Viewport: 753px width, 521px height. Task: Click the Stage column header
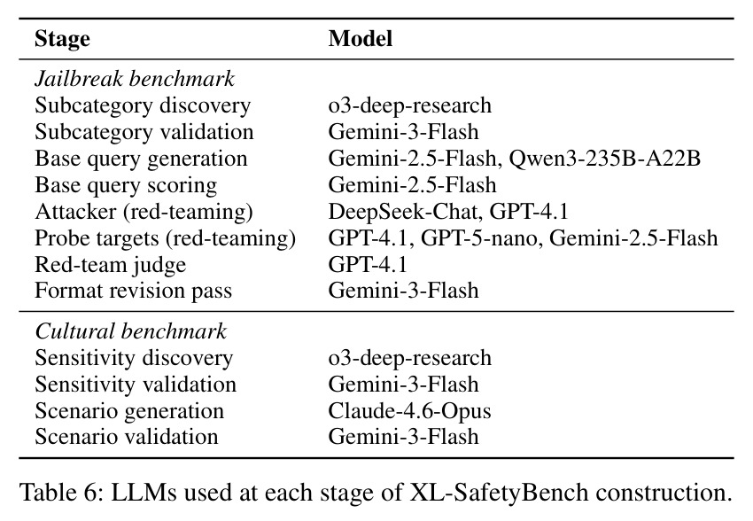62,39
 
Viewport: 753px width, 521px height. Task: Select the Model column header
361,38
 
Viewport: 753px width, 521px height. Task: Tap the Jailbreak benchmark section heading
135,79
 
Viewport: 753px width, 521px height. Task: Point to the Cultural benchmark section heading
130,331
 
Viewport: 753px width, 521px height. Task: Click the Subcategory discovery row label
143,105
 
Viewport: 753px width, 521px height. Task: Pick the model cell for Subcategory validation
403,131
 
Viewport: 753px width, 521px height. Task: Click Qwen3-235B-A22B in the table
604,159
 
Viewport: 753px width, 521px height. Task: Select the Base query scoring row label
126,185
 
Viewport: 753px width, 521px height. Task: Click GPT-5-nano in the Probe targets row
478,237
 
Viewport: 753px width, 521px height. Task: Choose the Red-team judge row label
111,265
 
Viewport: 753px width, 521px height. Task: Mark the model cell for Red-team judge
368,265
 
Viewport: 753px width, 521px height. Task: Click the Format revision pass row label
134,291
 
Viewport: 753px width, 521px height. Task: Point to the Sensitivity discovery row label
134,358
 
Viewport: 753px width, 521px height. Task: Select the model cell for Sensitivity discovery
409,358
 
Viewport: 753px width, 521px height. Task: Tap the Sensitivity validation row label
136,385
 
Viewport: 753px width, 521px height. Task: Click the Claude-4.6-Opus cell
409,411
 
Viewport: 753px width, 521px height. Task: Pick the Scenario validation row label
127,437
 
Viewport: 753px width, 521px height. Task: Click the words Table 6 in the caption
60,492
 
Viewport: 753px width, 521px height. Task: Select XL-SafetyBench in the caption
499,493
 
